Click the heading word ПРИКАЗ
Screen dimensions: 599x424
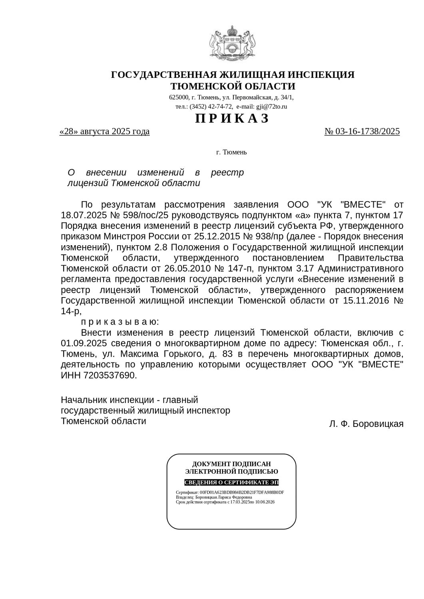click(232, 118)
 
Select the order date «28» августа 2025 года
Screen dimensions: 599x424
click(104, 131)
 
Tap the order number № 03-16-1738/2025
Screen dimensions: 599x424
click(362, 131)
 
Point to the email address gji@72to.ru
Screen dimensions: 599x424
click(272, 107)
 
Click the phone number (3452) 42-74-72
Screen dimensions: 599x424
click(211, 107)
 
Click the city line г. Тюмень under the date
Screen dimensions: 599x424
click(231, 152)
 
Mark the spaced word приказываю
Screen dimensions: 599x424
click(120, 322)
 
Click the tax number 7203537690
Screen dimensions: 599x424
click(110, 375)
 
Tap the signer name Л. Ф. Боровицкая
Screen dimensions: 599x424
click(366, 424)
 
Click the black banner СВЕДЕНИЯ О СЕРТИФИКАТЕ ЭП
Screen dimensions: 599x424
click(231, 482)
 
